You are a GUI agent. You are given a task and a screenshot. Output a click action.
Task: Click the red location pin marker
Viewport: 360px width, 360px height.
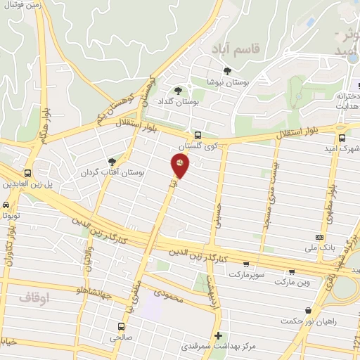pyautogui.click(x=180, y=165)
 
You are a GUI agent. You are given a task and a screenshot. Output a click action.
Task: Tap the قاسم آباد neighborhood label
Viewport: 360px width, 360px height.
pyautogui.click(x=235, y=49)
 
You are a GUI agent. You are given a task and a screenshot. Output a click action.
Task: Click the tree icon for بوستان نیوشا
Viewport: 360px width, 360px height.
pyautogui.click(x=227, y=71)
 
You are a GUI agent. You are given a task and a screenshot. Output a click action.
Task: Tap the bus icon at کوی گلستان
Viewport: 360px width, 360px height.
pyautogui.click(x=198, y=134)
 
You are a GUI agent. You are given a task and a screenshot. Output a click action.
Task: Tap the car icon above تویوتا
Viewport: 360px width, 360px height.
pyautogui.click(x=6, y=205)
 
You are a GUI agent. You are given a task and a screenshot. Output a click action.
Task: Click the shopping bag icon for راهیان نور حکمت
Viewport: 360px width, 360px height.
pyautogui.click(x=308, y=310)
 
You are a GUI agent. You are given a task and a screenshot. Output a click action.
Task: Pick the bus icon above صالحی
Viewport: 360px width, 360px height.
pyautogui.click(x=121, y=327)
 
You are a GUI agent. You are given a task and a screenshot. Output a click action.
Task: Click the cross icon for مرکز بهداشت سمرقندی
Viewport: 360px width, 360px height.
pyautogui.click(x=219, y=335)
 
